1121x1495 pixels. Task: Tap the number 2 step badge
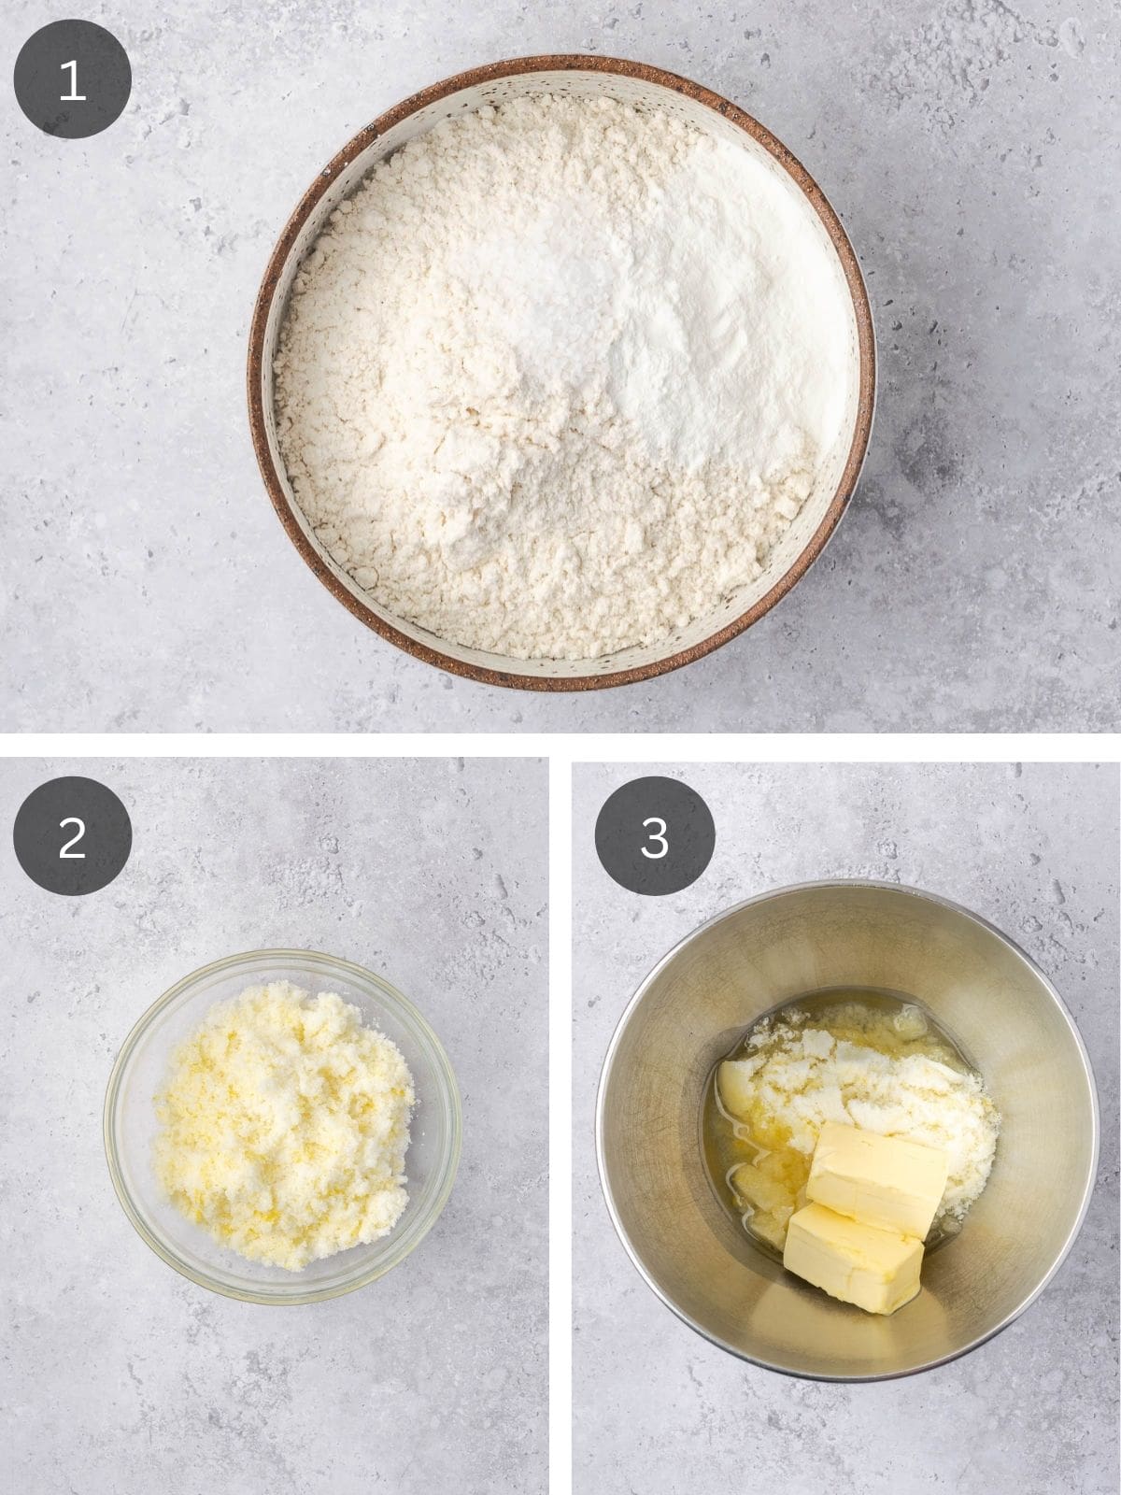(72, 836)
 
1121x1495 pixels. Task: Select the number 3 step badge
(655, 836)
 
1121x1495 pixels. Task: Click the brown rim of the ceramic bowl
(255, 374)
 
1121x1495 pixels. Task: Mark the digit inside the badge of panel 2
(72, 836)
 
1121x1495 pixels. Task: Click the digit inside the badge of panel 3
(655, 836)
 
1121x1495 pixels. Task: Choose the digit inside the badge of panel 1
(72, 81)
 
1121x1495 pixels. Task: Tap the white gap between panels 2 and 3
(560, 1121)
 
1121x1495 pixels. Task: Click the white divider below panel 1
(560, 746)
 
